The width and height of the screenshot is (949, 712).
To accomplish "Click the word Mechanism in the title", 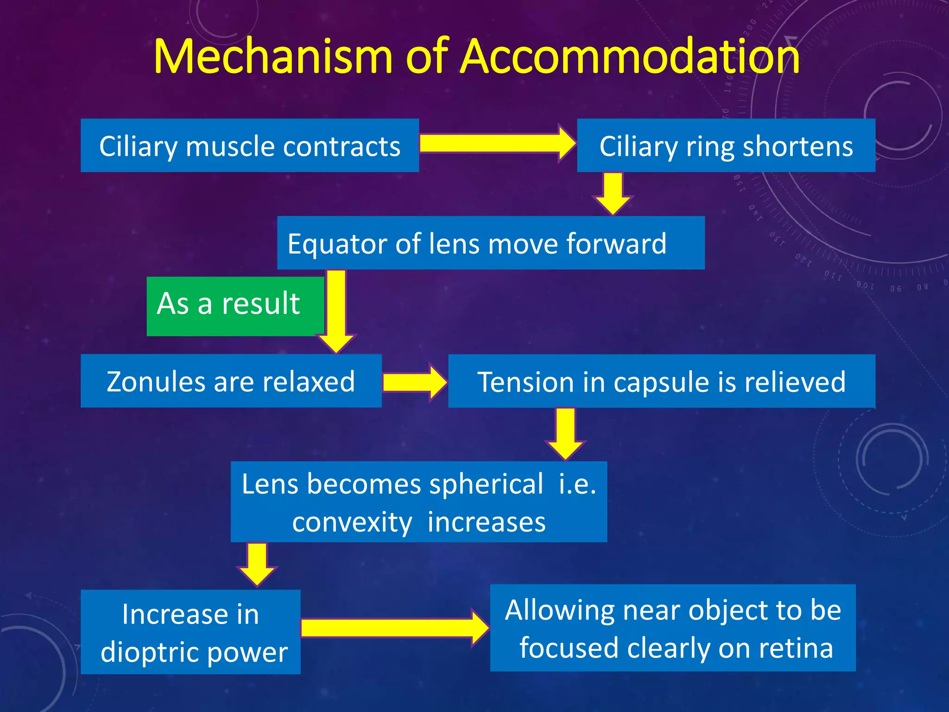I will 273,57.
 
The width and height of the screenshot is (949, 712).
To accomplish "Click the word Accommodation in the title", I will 630,57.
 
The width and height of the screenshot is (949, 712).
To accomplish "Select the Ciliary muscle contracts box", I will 250,146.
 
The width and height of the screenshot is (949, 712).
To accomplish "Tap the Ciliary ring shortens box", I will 726,146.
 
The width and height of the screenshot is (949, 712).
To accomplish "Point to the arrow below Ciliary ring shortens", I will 613,192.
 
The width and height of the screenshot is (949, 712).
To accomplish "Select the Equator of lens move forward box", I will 490,243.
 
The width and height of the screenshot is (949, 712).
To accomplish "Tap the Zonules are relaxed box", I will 231,381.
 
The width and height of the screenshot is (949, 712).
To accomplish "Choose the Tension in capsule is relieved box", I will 661,381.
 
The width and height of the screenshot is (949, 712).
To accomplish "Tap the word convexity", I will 352,523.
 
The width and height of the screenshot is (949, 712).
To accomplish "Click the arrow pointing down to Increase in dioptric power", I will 257,563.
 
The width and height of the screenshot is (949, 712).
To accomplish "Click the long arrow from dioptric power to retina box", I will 394,628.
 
